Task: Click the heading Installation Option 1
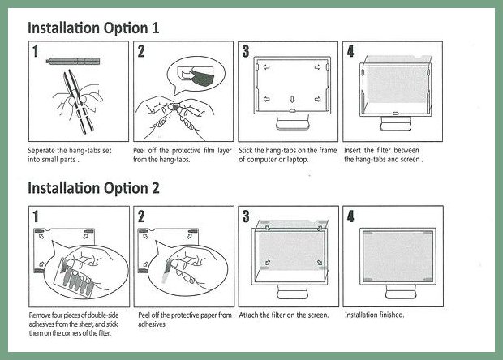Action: (93, 28)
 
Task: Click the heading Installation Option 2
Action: (93, 188)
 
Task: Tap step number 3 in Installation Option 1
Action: (245, 51)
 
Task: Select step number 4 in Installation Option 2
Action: (350, 216)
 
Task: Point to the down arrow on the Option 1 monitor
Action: (292, 99)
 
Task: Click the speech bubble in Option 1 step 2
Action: (196, 75)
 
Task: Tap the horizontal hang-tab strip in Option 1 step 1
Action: (73, 61)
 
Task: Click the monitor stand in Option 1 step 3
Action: (293, 122)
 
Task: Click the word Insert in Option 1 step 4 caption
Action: (353, 150)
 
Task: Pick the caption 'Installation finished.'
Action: (374, 315)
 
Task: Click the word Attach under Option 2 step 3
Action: (249, 315)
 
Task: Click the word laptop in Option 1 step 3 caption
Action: (298, 160)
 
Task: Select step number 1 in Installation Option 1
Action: (35, 51)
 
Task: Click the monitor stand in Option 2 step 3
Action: (293, 291)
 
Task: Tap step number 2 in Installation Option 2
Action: (141, 216)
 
